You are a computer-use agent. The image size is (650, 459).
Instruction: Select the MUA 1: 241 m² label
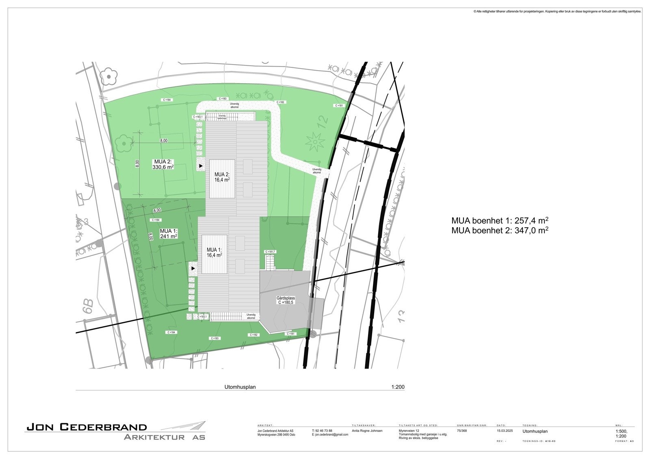click(168, 233)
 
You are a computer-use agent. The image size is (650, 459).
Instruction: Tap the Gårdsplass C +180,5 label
click(286, 300)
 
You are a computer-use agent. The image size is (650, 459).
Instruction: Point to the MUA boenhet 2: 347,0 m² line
click(500, 230)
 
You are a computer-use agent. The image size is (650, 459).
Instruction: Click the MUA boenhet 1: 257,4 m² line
click(500, 220)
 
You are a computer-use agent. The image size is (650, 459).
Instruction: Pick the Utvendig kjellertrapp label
click(222, 117)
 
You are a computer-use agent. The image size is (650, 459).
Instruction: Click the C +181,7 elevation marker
click(270, 252)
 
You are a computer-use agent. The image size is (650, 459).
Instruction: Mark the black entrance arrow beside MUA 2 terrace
click(201, 166)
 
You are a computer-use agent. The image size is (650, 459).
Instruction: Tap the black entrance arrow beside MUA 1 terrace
click(193, 268)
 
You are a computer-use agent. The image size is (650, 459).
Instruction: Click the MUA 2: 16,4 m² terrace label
click(222, 177)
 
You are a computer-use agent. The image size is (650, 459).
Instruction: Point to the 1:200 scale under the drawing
click(398, 387)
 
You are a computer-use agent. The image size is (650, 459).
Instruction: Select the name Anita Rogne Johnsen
click(367, 431)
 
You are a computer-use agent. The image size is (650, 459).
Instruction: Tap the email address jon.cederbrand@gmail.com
click(330, 435)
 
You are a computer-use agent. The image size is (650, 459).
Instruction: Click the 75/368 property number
click(461, 431)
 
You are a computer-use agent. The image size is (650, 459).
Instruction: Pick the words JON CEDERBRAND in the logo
click(87, 427)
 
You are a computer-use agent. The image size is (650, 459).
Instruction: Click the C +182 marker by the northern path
click(280, 102)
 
